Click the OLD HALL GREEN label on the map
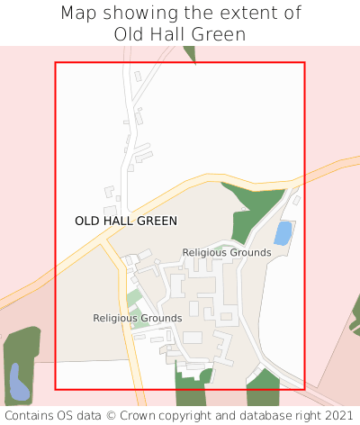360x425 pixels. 126,221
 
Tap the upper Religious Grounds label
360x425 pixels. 226,253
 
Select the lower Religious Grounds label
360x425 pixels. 137,318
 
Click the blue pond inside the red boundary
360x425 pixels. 283,234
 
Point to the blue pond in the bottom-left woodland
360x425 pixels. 18,382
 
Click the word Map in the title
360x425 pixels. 79,14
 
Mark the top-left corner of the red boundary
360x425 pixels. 56,62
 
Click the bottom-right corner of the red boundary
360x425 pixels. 305,389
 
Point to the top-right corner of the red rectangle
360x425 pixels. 305,62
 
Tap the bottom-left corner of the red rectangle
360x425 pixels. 56,389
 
